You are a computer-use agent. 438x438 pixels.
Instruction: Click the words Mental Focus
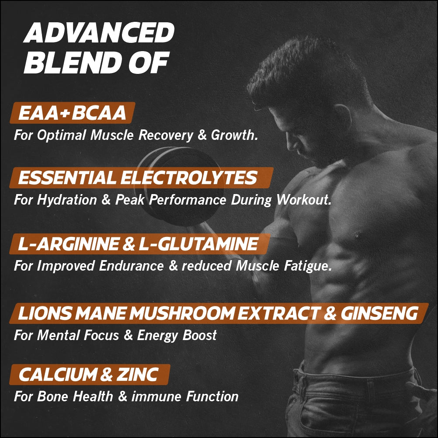tap(83, 336)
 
